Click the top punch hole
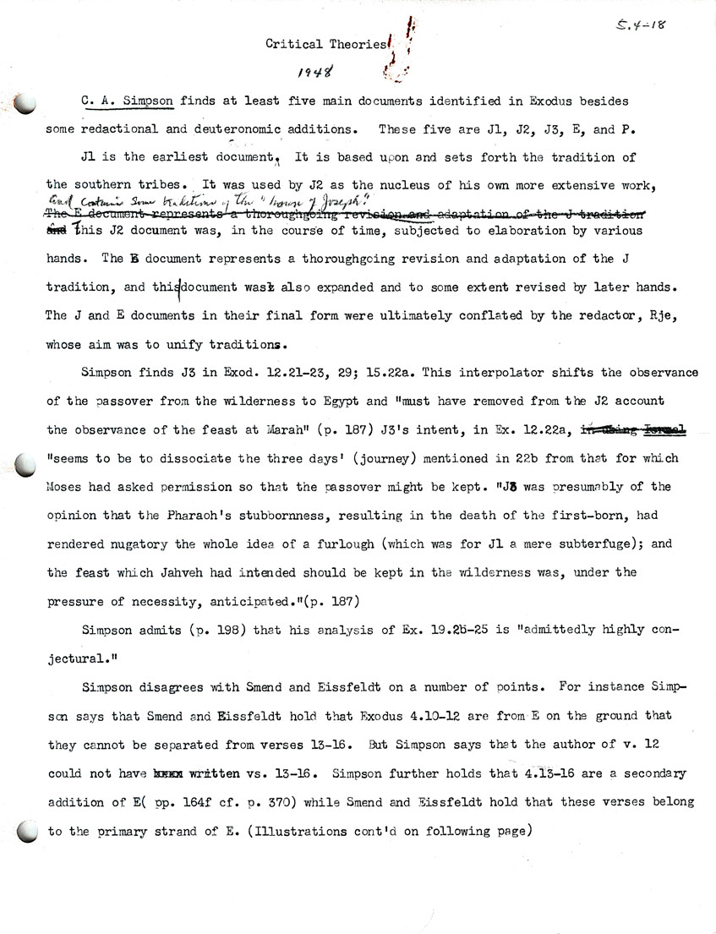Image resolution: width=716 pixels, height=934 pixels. pyautogui.click(x=25, y=103)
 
